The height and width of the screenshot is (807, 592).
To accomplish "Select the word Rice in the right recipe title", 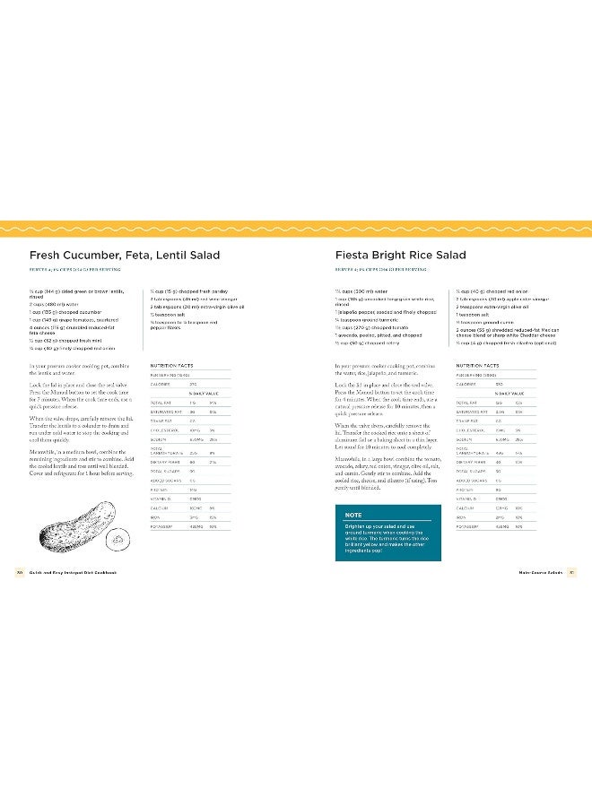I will tap(417, 256).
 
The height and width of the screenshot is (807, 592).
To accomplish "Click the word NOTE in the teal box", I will tap(353, 515).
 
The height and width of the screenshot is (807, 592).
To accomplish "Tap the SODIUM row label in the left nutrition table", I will tap(160, 439).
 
